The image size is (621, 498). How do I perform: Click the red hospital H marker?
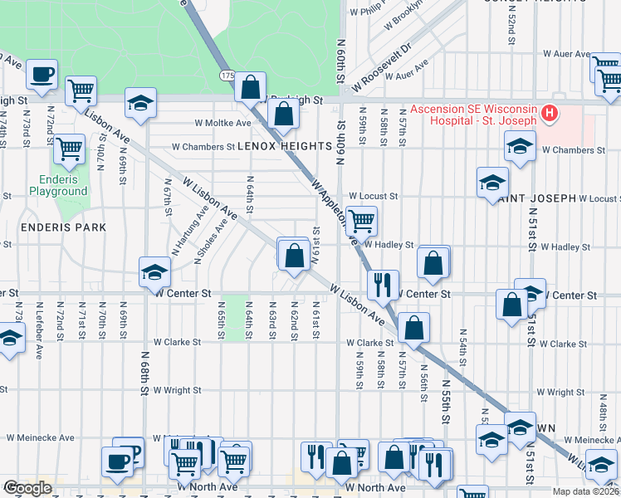[x=548, y=113]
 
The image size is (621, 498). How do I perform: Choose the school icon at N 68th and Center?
[x=154, y=271]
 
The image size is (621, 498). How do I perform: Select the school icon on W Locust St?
[x=492, y=182]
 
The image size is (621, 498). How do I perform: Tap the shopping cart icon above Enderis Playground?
[x=70, y=149]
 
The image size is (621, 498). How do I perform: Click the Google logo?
[x=27, y=488]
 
